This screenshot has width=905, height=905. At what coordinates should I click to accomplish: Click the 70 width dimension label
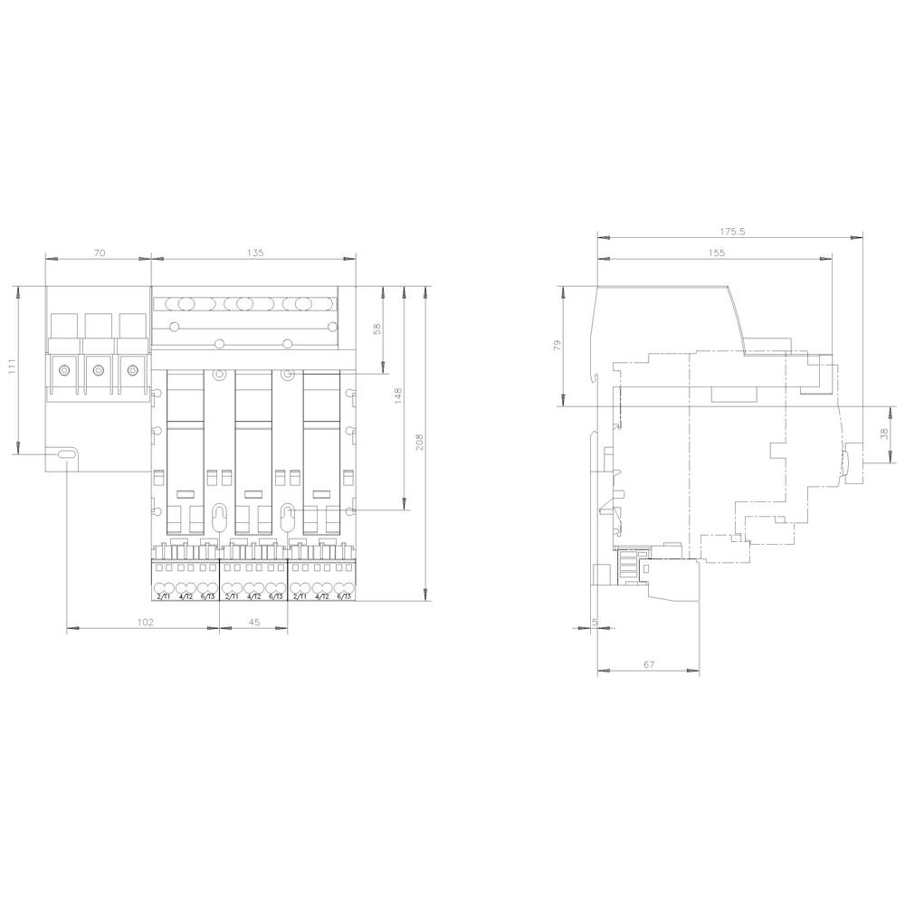[x=99, y=253]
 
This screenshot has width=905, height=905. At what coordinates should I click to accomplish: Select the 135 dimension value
[x=254, y=253]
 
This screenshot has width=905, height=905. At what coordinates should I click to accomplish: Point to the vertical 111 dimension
[x=12, y=367]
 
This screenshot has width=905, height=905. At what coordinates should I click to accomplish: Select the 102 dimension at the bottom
[x=145, y=623]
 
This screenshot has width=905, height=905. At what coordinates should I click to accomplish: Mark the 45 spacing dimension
[x=254, y=623]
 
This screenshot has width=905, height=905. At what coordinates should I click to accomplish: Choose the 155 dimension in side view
[x=717, y=253]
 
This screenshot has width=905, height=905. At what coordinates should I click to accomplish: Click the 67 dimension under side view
[x=649, y=664]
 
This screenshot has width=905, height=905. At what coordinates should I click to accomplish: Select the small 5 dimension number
[x=594, y=622]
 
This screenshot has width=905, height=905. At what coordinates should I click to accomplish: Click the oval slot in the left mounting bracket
[x=67, y=456]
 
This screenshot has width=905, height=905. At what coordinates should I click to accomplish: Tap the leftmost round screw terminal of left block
[x=64, y=369]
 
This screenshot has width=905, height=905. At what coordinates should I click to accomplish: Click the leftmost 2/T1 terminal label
[x=164, y=596]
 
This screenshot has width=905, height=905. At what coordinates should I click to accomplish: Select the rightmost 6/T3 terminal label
[x=344, y=596]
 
